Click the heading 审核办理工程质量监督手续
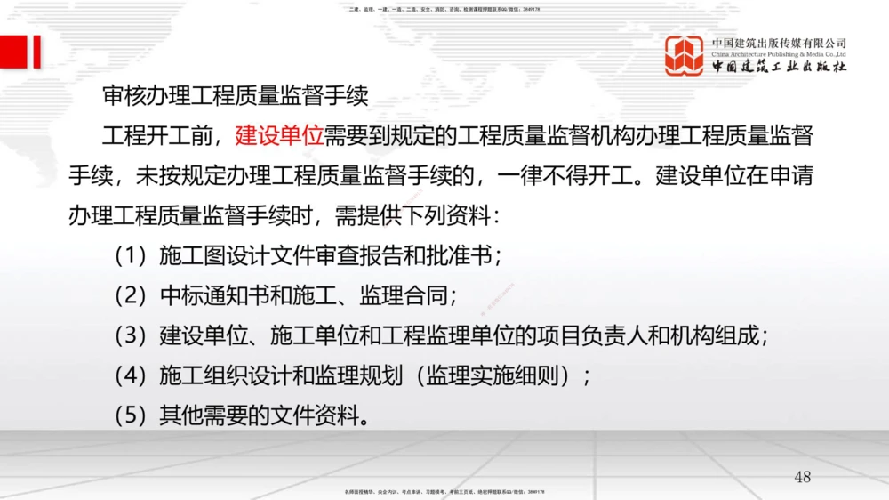click(x=235, y=96)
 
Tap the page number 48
click(x=802, y=478)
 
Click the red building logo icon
click(x=685, y=56)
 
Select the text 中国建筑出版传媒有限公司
click(x=779, y=43)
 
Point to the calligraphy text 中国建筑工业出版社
click(x=779, y=68)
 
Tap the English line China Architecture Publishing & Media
click(x=779, y=54)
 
